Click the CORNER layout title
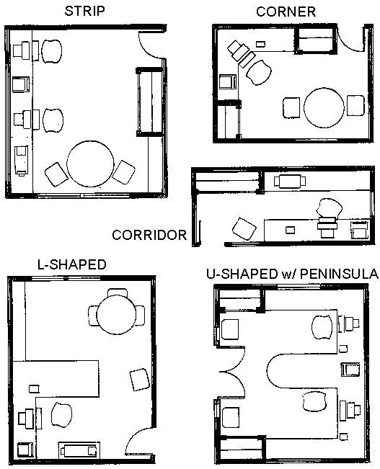coord(286,12)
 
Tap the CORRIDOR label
coord(149,234)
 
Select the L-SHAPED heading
coord(71,264)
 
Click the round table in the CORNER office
coord(323,107)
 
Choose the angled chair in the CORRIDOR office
coord(243,230)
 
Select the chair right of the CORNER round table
coord(356,106)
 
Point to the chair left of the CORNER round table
coord(291,107)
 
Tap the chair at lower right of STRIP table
coord(124,173)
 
